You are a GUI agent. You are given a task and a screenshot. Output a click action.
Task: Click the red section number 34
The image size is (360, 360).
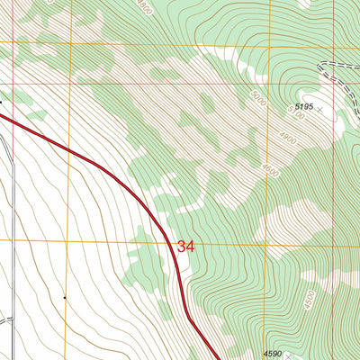click(185, 246)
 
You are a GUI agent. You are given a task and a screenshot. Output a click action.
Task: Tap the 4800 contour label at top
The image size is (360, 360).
click(146, 6)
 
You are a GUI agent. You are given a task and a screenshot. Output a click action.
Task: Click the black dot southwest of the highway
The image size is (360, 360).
click(65, 297)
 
